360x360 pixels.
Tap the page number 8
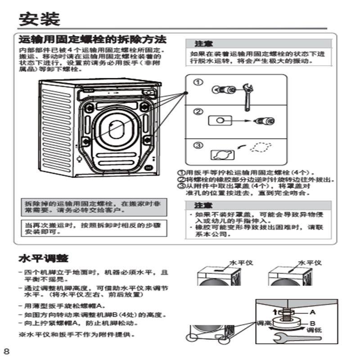click(6, 351)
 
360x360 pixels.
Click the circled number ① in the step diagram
click(198, 82)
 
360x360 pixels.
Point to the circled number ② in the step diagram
click(198, 111)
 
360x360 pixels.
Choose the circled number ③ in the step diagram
click(198, 145)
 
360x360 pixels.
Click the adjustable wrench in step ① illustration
click(246, 95)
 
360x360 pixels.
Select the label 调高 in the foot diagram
click(263, 323)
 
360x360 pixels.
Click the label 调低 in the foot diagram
click(313, 330)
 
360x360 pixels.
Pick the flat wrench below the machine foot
click(288, 337)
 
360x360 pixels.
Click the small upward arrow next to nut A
click(275, 311)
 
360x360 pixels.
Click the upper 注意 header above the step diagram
click(200, 44)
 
